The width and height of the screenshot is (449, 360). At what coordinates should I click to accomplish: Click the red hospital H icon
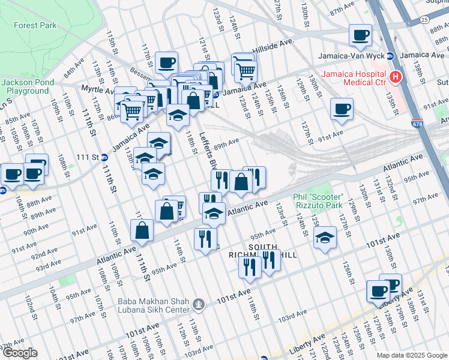pyautogui.click(x=395, y=77)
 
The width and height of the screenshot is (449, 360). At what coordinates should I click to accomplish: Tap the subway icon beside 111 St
pyautogui.click(x=104, y=157)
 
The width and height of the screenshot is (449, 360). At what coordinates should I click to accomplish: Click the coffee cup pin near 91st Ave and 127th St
pyautogui.click(x=342, y=109)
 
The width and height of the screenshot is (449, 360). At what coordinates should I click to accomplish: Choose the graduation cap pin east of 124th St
pyautogui.click(x=325, y=238)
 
